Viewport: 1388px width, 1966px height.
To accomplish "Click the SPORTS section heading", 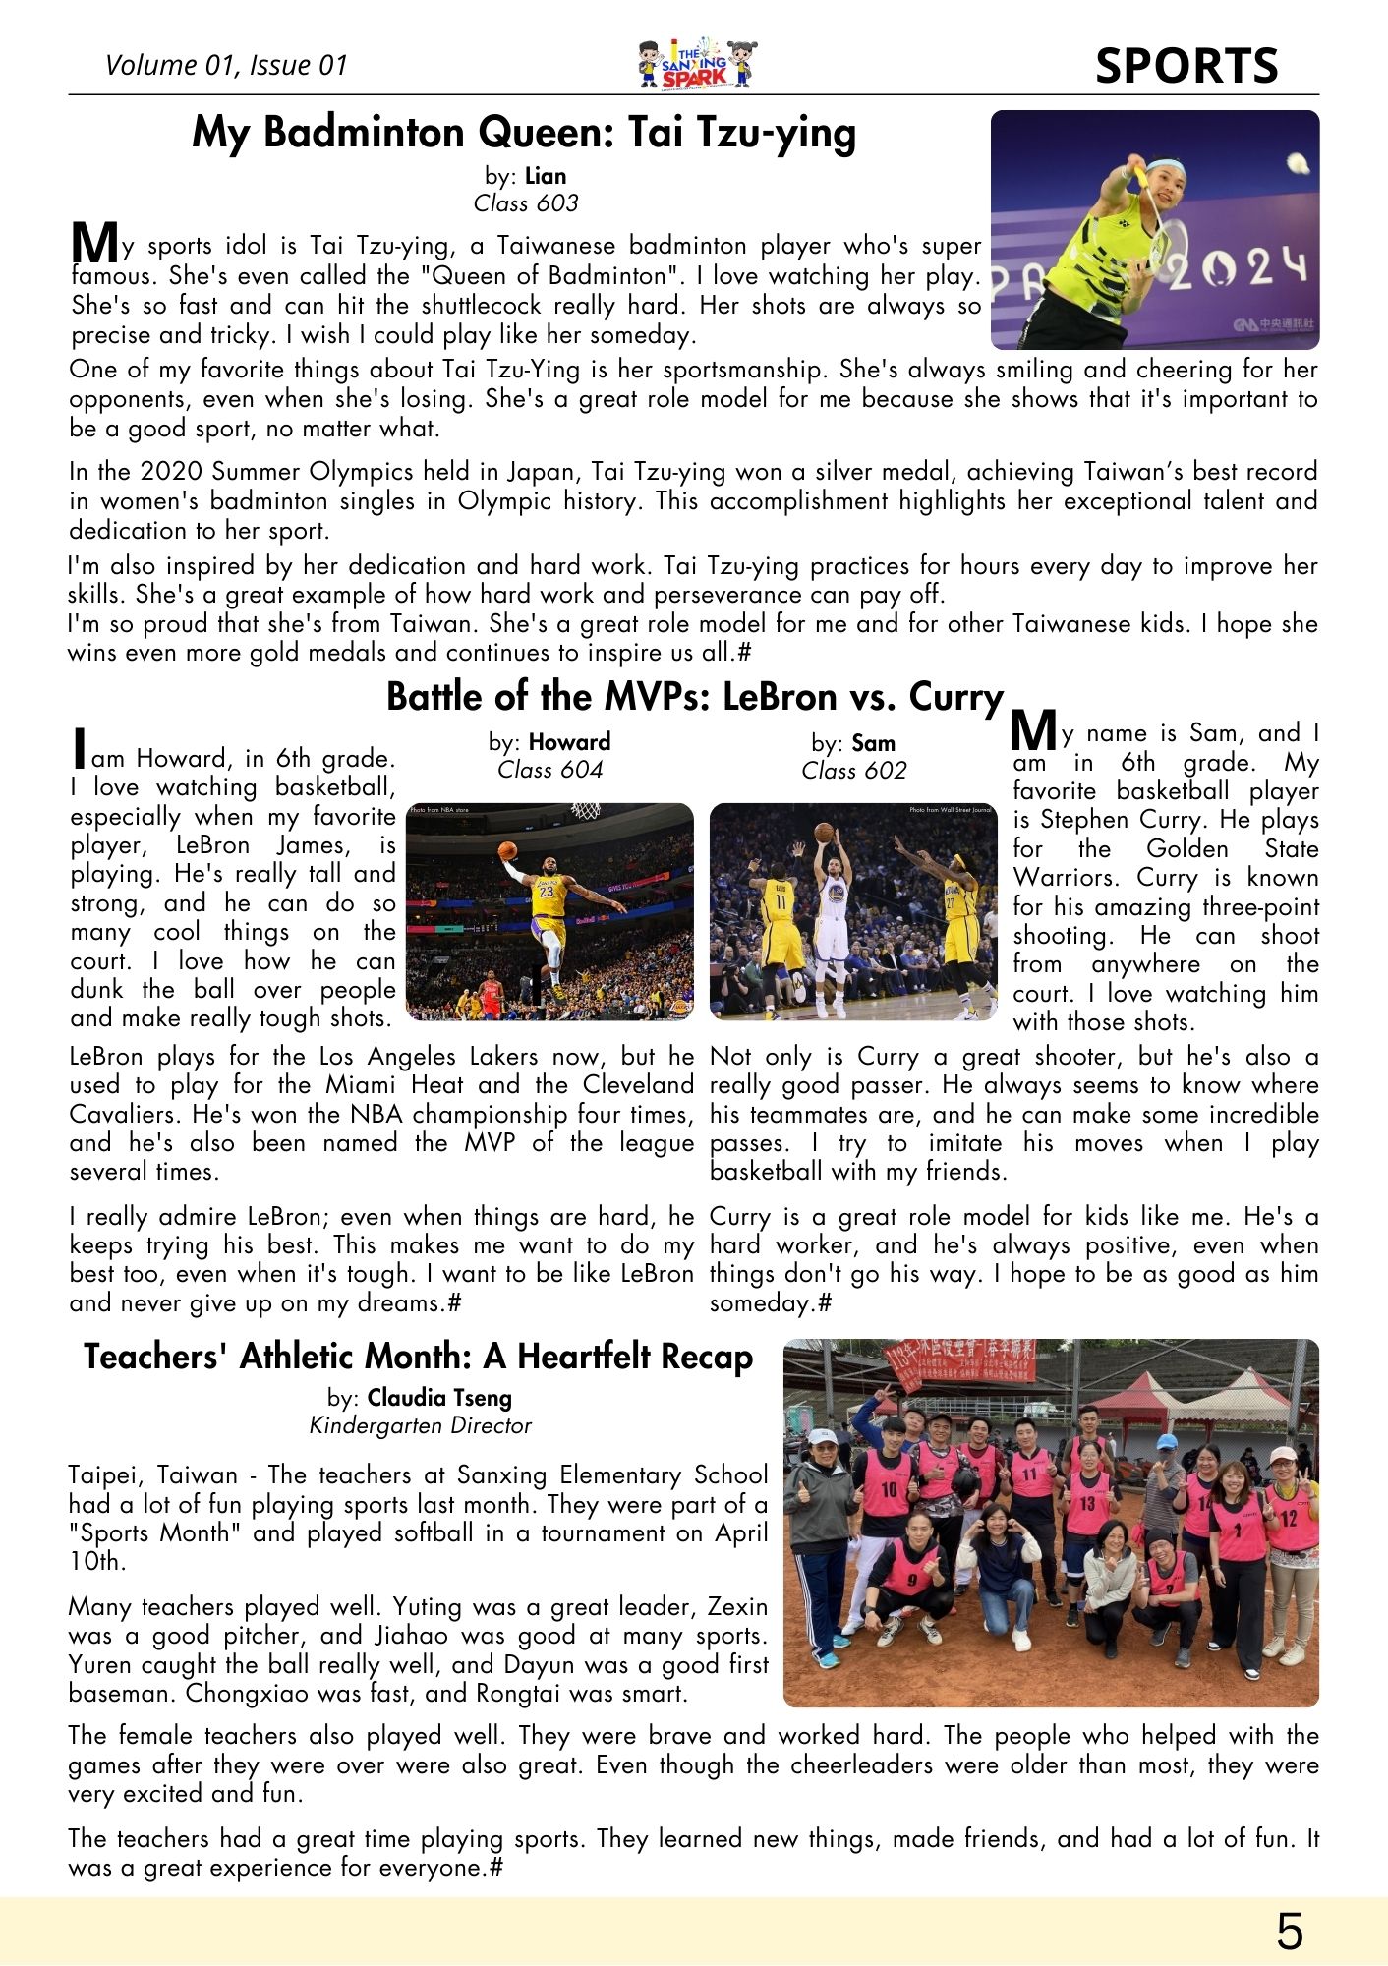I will (x=1186, y=66).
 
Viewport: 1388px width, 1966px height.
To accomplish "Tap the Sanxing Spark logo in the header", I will (x=696, y=65).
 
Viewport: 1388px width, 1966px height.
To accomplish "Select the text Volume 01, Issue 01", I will (x=226, y=65).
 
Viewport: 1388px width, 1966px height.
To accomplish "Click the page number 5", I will (x=1289, y=1932).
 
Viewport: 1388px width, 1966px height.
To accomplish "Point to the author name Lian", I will (x=546, y=176).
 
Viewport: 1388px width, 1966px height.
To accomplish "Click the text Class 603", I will (x=526, y=203).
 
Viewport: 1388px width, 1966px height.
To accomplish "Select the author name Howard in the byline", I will (x=569, y=742).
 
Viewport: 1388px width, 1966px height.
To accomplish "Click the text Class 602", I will (x=853, y=771).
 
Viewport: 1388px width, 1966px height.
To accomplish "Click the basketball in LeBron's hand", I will (x=507, y=850).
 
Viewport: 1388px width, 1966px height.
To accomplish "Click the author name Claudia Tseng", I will (x=439, y=1398).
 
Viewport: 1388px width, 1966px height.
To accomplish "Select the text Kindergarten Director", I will (x=420, y=1426).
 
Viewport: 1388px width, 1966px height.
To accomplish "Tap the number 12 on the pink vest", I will (x=1289, y=1517).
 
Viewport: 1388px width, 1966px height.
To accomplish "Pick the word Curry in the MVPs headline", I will (x=954, y=697).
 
